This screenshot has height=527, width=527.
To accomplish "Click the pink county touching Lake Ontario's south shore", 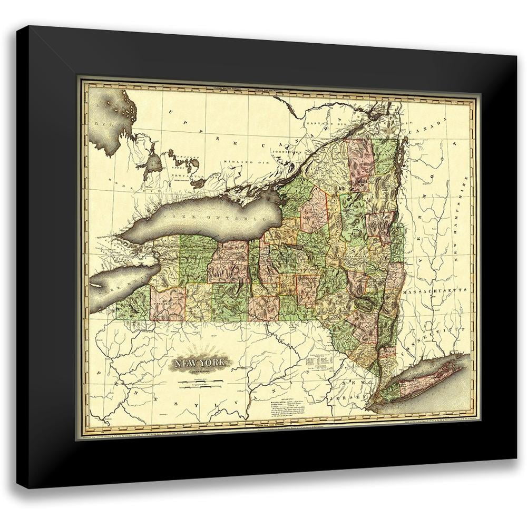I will [x=230, y=261].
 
